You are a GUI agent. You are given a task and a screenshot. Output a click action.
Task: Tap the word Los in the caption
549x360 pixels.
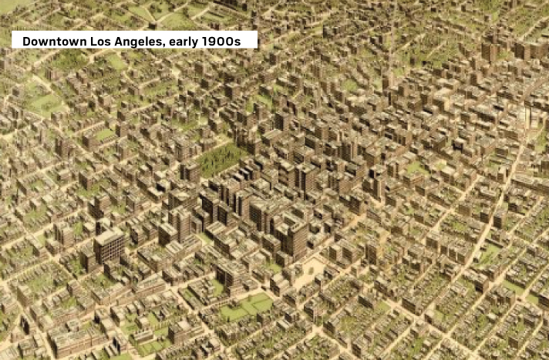pyautogui.click(x=104, y=40)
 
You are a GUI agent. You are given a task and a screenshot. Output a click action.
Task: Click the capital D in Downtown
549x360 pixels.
pyautogui.click(x=27, y=40)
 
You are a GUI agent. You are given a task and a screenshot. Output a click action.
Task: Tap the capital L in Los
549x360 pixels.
pyautogui.click(x=96, y=40)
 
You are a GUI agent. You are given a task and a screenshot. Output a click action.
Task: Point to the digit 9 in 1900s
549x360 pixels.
pyautogui.click(x=218, y=40)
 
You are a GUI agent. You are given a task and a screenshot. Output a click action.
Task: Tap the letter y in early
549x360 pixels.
pyautogui.click(x=203, y=42)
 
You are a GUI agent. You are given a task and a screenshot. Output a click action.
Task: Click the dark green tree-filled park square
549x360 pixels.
pyautogui.click(x=219, y=159)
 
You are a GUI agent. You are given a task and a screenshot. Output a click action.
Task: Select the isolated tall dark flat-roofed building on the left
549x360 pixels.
pyautogui.click(x=109, y=246)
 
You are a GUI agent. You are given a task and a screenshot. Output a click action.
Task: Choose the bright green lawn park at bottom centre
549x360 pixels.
pyautogui.click(x=245, y=307)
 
